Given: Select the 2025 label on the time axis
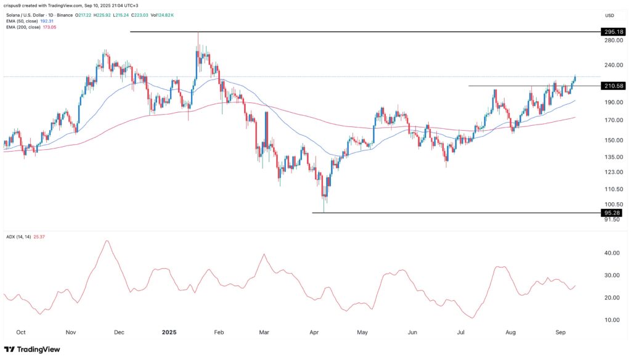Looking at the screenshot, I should tap(169, 332).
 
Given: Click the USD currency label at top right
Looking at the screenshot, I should tap(610, 15).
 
